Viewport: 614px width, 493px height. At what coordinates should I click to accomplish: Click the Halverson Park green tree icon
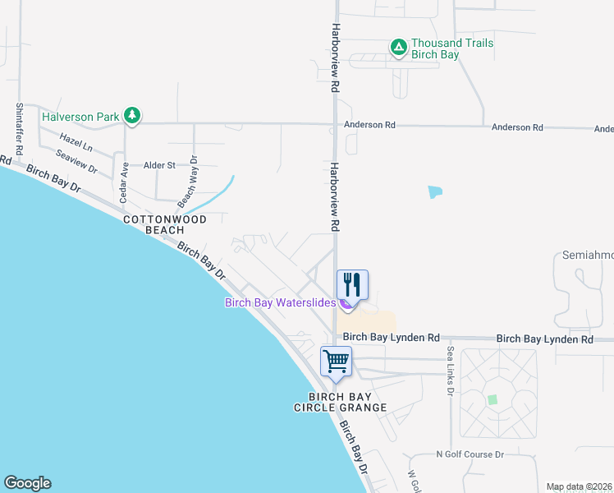tap(132, 117)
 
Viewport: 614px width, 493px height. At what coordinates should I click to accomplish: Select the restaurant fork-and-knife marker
tap(352, 285)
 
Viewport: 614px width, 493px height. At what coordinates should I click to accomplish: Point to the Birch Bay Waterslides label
tap(280, 302)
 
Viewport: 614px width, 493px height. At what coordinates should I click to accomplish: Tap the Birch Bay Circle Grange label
tap(347, 402)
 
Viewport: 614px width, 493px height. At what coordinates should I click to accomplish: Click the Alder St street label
tap(160, 165)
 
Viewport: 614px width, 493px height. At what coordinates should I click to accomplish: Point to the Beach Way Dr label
tap(188, 181)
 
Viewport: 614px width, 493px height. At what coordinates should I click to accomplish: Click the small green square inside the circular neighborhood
tap(493, 400)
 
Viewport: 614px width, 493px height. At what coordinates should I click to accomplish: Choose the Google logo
tap(27, 483)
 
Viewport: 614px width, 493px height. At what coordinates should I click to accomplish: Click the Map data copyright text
tap(580, 486)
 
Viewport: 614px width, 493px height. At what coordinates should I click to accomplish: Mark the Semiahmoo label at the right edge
tap(589, 256)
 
